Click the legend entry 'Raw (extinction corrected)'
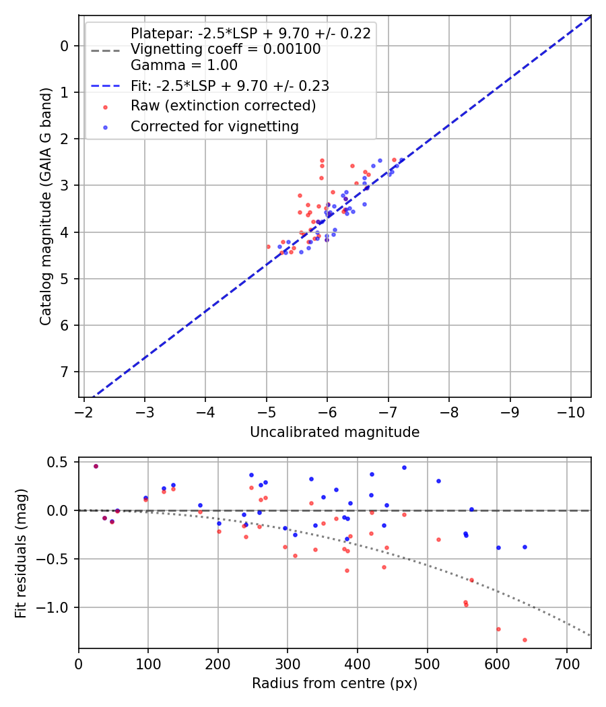click(x=223, y=106)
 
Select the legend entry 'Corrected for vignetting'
click(x=214, y=126)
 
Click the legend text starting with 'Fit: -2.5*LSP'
click(x=230, y=86)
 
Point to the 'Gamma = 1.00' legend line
click(x=184, y=65)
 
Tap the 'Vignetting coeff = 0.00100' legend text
click(x=226, y=49)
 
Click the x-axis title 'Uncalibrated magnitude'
click(x=335, y=432)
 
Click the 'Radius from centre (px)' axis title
click(x=335, y=683)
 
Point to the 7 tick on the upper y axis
click(x=65, y=372)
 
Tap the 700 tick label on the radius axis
click(x=566, y=664)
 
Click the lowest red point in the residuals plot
click(x=525, y=640)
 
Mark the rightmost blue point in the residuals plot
click(x=525, y=547)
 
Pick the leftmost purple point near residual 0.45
click(x=96, y=466)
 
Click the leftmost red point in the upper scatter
click(x=268, y=246)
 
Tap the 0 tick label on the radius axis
click(x=79, y=664)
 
